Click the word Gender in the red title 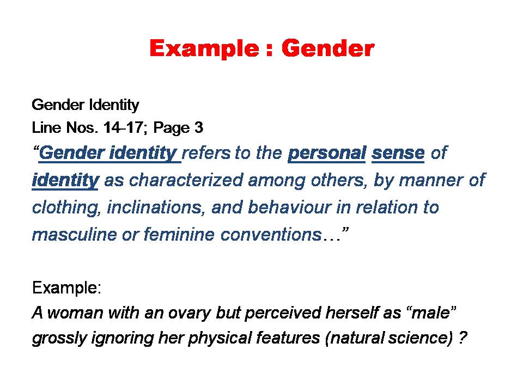328,48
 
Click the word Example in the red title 204,49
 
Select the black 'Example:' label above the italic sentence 66,287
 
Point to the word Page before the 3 172,128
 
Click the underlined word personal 327,153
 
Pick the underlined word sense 398,153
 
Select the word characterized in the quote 186,180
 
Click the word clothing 66,208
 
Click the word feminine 179,234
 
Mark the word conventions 271,235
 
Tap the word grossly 59,338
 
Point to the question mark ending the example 463,338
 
